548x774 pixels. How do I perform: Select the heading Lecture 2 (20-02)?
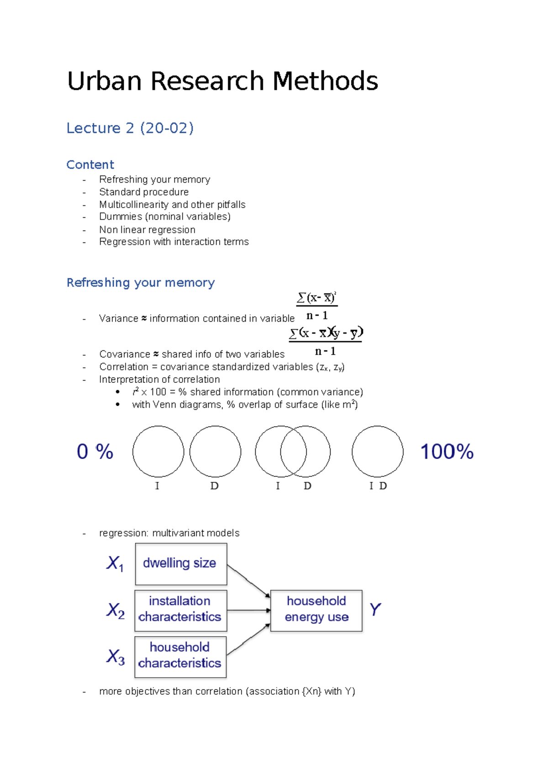130,128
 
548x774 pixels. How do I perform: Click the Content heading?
90,164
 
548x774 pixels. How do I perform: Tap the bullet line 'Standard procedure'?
143,192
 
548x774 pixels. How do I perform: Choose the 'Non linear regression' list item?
147,230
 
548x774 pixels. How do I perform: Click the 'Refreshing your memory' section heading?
140,282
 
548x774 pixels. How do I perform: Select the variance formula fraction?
316,306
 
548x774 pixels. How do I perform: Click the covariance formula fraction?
326,341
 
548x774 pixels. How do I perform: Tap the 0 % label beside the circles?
95,452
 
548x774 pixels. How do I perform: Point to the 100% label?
447,452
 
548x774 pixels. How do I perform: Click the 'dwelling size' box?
181,564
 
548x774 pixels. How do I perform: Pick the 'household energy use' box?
316,610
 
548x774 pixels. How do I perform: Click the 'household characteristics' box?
180,656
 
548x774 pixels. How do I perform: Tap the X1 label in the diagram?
115,563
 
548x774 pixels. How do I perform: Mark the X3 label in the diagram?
115,657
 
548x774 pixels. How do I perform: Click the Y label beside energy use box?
375,610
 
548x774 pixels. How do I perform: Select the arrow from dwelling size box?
248,581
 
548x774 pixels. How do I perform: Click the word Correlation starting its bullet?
124,367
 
